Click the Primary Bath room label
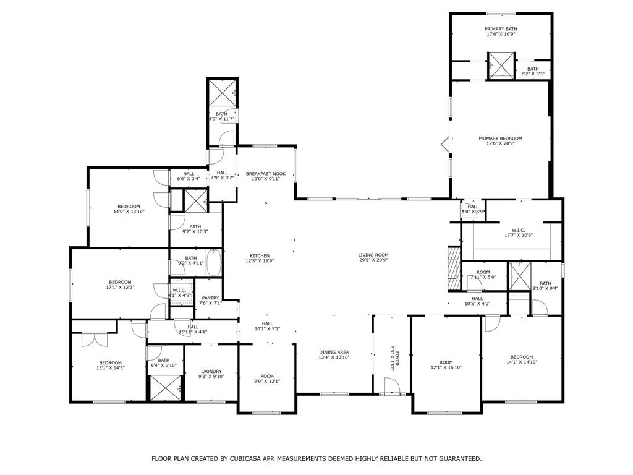pos(501,29)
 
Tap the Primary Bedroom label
pos(501,139)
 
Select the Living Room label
pos(373,255)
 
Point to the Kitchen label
pos(260,256)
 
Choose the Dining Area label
pos(334,352)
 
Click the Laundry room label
pos(211,372)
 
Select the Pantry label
pos(210,298)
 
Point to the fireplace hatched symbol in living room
pos(454,269)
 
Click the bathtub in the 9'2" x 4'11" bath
pos(213,263)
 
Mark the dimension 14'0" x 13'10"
pos(129,212)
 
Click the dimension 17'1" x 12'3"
pos(120,287)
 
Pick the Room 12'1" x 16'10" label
pos(446,365)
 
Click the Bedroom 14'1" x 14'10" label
pos(521,359)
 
